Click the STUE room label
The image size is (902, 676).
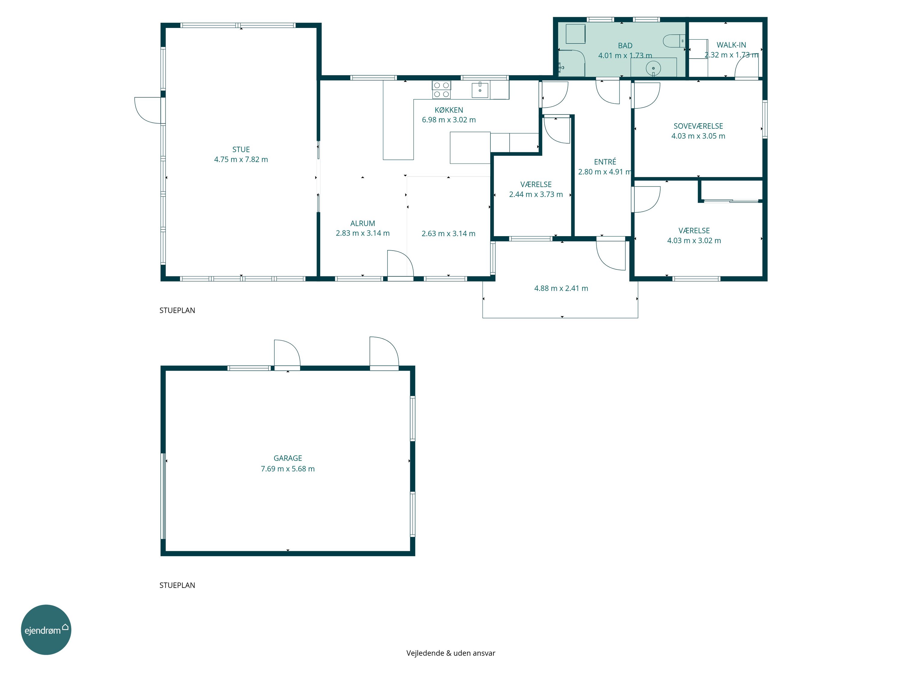click(241, 150)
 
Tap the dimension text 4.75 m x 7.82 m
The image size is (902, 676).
click(241, 159)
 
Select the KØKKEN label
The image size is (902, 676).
click(449, 110)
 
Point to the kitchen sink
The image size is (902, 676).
click(480, 90)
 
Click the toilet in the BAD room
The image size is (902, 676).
click(674, 41)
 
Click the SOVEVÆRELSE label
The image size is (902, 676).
click(698, 126)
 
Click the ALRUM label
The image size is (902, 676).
click(363, 223)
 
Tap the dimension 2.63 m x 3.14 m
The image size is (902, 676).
click(448, 233)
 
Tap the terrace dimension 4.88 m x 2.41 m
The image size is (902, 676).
click(561, 288)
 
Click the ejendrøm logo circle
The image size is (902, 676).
click(46, 629)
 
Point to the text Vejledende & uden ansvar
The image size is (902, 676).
click(451, 653)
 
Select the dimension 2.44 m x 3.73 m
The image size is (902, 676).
click(536, 194)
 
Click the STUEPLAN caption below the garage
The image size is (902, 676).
click(177, 585)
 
